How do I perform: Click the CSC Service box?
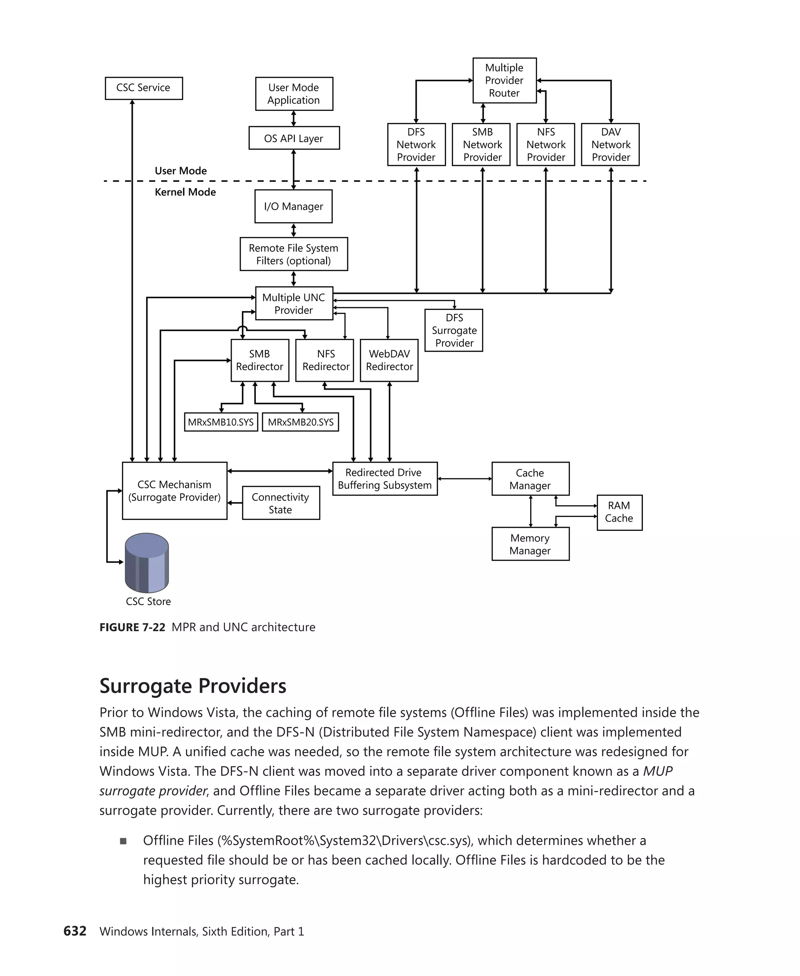[143, 88]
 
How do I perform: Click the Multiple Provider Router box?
[504, 80]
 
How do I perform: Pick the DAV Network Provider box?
[610, 144]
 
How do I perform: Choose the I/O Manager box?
[293, 207]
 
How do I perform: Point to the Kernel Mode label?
[185, 192]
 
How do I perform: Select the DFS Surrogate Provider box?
[454, 330]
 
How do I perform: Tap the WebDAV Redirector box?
[389, 360]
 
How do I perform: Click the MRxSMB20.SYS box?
[300, 422]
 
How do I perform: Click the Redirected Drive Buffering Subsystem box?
[384, 479]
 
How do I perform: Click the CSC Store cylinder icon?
[146, 563]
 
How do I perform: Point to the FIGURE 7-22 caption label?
[132, 627]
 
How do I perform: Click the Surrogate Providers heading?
[193, 686]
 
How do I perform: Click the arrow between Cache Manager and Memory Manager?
[530, 511]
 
